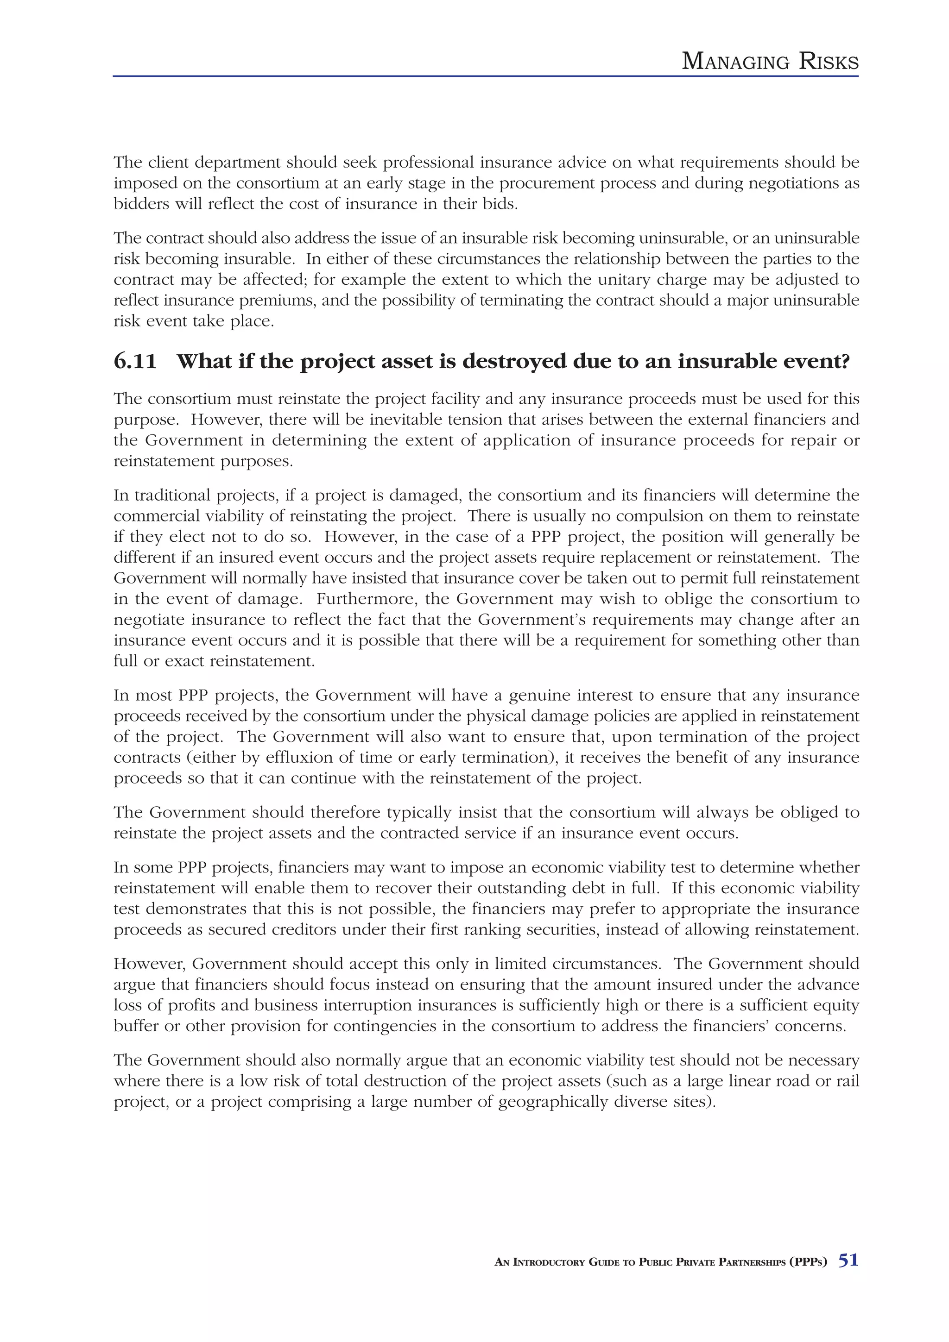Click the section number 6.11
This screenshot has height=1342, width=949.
click(x=135, y=362)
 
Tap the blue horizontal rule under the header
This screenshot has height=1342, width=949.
click(x=485, y=76)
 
